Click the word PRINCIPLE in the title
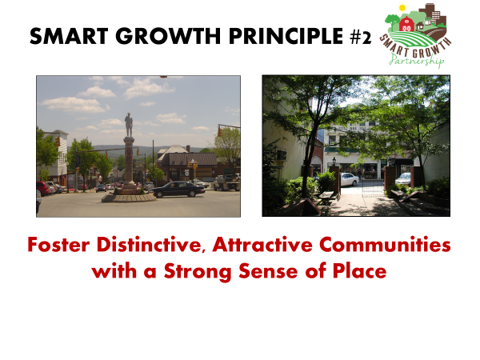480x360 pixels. click(x=286, y=36)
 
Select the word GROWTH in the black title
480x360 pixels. click(x=168, y=36)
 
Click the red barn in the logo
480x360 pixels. click(x=407, y=24)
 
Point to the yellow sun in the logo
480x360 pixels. click(x=402, y=8)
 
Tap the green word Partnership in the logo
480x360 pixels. click(x=417, y=60)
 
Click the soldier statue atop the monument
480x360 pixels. click(x=129, y=125)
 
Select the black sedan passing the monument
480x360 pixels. click(x=178, y=189)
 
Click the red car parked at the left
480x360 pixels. click(x=44, y=188)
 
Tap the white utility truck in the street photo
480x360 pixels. click(x=226, y=182)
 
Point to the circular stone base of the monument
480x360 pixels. click(x=129, y=198)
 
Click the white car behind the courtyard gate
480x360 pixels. click(x=349, y=179)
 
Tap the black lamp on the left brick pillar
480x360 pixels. click(x=334, y=161)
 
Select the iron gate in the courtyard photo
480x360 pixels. click(x=373, y=186)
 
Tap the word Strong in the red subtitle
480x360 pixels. click(x=197, y=271)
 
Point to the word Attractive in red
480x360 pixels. click(x=262, y=245)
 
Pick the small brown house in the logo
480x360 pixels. click(x=420, y=26)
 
